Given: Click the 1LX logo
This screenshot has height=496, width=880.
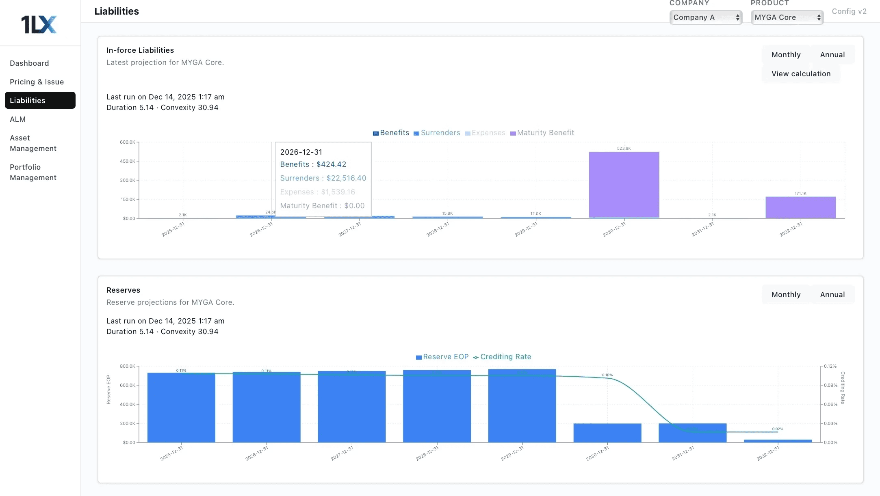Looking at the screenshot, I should click(x=39, y=24).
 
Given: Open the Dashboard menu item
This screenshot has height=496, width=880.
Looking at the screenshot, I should click(x=29, y=63).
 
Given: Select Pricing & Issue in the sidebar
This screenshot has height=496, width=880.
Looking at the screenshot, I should click(x=37, y=82).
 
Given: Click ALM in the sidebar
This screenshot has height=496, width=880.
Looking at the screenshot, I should click(x=18, y=119).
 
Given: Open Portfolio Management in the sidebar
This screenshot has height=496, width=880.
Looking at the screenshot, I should click(x=33, y=173).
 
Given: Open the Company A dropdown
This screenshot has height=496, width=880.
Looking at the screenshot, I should click(x=706, y=17).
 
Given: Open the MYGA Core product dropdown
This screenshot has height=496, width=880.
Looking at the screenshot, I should click(x=787, y=17).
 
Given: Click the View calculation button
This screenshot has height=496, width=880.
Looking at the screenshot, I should click(x=801, y=74).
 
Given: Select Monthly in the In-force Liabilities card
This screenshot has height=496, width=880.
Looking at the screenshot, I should click(x=786, y=55).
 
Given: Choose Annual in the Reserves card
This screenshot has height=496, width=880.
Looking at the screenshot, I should click(x=832, y=295).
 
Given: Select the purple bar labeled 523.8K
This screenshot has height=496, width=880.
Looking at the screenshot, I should click(x=624, y=185).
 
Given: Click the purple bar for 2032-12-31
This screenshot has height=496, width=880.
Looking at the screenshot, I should click(x=800, y=207).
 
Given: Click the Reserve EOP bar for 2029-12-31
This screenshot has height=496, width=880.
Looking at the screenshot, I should click(x=522, y=406).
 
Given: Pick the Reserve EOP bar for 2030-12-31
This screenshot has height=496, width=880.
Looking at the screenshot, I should click(x=607, y=433).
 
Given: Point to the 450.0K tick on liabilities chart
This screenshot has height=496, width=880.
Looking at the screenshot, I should click(x=128, y=161).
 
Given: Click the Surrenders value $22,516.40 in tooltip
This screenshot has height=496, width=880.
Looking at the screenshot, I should click(x=346, y=178).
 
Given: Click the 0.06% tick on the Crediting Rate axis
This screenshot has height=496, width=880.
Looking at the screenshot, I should click(x=830, y=404).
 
